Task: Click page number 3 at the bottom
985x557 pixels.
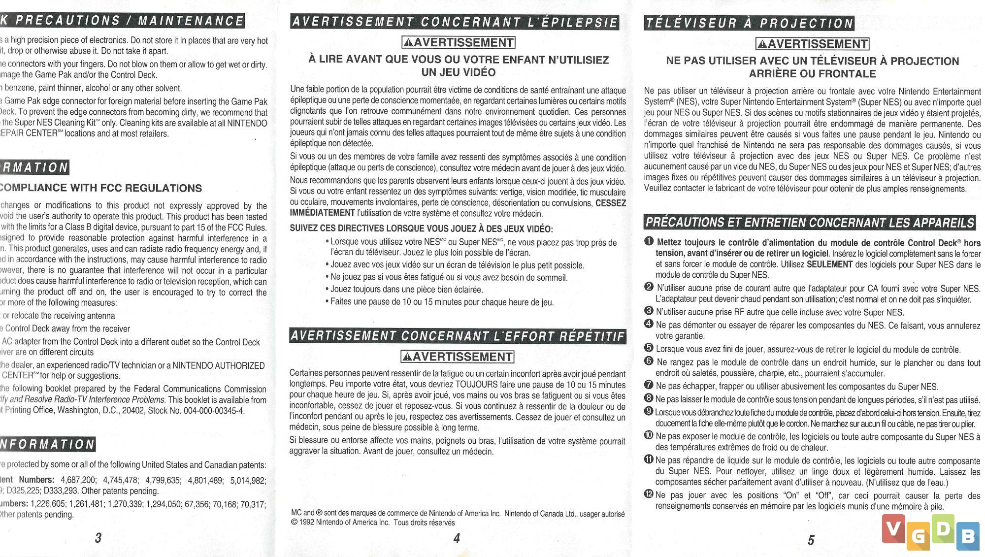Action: pos(98,537)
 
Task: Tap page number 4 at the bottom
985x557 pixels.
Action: pos(457,538)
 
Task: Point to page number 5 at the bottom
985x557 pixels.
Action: pos(811,540)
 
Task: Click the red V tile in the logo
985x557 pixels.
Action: pos(893,529)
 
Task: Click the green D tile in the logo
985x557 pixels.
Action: pos(943,528)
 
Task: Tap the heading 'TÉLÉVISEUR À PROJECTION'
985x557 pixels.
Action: pos(749,23)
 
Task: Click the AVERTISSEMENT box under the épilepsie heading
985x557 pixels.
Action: pos(459,43)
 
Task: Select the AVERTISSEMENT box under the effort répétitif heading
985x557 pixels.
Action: pos(458,357)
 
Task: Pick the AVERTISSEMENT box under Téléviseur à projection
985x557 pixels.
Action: pos(813,44)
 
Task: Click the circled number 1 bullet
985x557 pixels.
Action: pos(649,241)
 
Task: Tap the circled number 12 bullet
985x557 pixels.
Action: pos(649,494)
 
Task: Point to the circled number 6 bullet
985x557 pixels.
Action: pos(649,361)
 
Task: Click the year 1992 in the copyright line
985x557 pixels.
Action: pos(307,523)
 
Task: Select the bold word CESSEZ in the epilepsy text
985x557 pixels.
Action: pos(610,203)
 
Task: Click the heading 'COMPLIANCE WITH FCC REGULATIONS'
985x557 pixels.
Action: pos(101,188)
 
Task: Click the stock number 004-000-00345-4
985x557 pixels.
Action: pos(213,411)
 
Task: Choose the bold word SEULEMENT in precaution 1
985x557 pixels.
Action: pos(829,264)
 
